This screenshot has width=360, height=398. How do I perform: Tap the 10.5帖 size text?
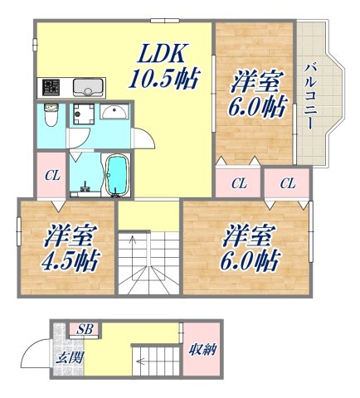[163, 80]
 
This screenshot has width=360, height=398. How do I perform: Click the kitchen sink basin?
[86, 87]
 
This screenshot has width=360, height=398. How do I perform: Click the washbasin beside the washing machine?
[114, 113]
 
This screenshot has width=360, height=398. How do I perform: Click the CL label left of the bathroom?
[51, 175]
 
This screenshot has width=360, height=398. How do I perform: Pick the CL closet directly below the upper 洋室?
[239, 182]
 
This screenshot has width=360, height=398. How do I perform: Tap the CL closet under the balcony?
[287, 182]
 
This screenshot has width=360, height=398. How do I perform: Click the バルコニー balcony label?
[309, 95]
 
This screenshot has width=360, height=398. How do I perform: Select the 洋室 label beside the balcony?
[253, 83]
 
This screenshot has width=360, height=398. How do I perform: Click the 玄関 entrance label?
[67, 358]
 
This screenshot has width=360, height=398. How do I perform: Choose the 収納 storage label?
[202, 349]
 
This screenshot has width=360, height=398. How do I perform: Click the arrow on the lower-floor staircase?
[148, 362]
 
